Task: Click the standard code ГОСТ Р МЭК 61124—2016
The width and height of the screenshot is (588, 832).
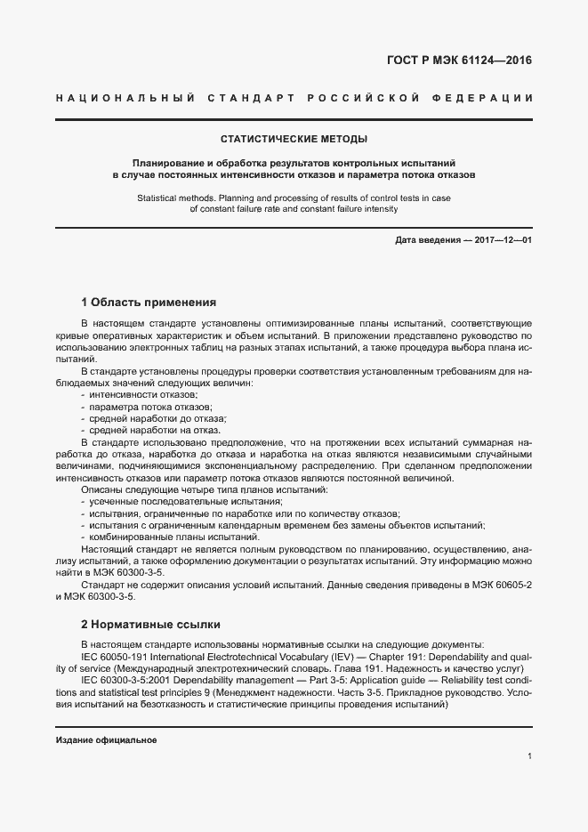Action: click(464, 61)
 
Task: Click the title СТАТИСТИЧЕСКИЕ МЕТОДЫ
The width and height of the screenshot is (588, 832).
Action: click(294, 139)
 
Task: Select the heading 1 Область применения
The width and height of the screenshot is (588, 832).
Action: click(149, 302)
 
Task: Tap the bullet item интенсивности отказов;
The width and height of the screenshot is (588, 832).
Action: click(142, 394)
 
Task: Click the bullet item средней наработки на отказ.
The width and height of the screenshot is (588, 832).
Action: click(149, 429)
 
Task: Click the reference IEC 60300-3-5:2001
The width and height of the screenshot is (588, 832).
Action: click(123, 679)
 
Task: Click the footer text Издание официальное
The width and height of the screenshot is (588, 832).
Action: click(106, 740)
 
